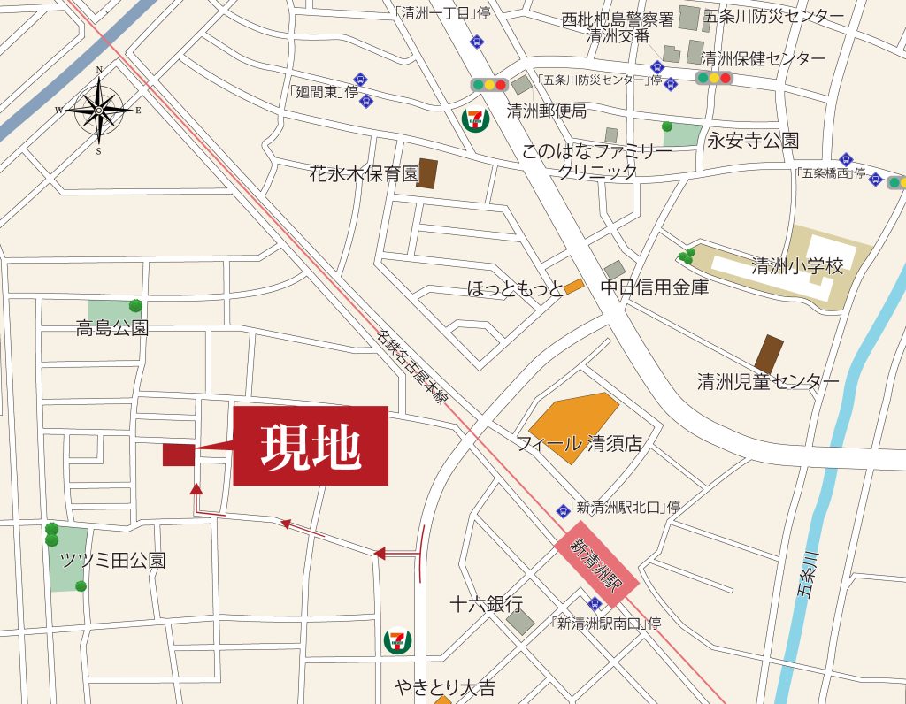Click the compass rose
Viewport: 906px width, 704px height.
pos(99,110)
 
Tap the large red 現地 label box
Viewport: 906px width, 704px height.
pos(311,446)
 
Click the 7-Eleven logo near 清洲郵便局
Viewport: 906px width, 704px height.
pos(477,119)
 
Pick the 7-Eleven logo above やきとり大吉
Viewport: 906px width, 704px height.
pos(397,639)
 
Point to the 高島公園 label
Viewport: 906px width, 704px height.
pos(112,329)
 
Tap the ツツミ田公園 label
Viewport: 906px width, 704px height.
pos(112,560)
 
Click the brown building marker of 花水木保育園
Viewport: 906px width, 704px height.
pos(427,173)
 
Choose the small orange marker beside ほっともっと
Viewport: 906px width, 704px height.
pos(573,287)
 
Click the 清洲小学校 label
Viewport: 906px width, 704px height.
pos(797,265)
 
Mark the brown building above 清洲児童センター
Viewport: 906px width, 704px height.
pos(769,354)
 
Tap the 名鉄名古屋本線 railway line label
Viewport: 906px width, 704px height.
pos(411,367)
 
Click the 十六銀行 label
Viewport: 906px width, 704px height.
pos(486,604)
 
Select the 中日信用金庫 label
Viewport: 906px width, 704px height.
pos(654,287)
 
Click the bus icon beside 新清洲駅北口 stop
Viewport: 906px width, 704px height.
pos(563,510)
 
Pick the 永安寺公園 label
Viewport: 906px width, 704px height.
pos(753,141)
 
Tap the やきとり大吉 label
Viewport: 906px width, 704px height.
pos(445,687)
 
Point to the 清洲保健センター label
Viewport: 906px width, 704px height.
pos(763,59)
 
